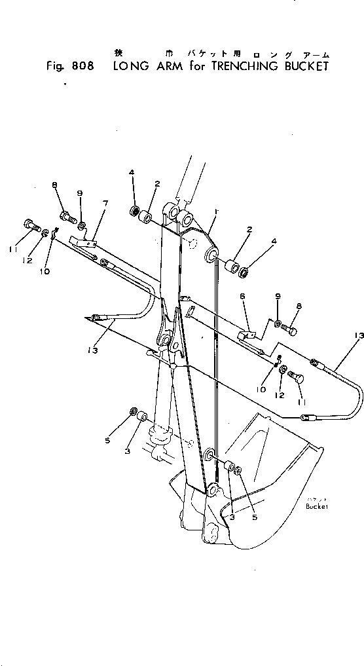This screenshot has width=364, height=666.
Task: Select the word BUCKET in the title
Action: tap(299, 67)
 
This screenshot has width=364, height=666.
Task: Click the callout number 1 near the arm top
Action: tap(216, 212)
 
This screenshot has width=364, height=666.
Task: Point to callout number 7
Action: tap(104, 205)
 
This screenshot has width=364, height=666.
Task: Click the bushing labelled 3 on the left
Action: tap(139, 434)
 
